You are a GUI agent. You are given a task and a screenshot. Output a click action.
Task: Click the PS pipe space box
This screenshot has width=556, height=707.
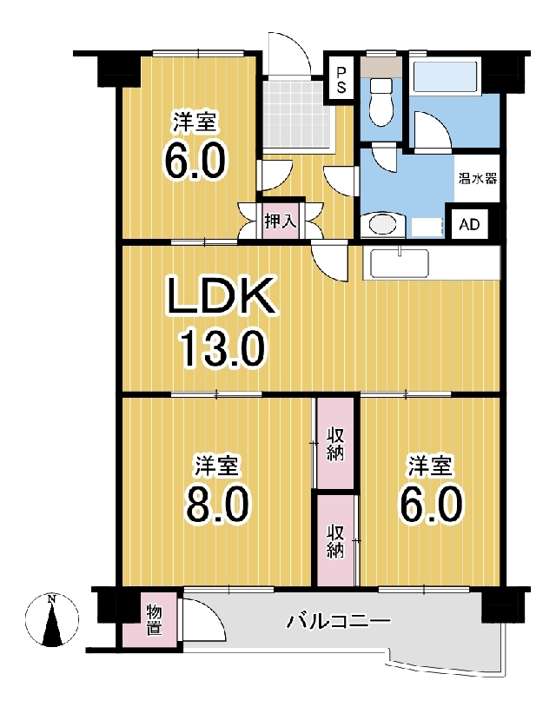pos(341,80)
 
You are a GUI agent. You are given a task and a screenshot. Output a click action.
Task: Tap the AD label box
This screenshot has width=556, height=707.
pos(470,224)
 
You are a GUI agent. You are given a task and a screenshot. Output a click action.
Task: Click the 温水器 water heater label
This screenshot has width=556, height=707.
pos(478,179)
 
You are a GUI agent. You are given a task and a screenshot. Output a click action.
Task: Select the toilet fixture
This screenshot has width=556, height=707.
pos(381,102)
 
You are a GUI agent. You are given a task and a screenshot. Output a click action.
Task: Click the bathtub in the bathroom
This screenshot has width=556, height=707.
pos(445,77)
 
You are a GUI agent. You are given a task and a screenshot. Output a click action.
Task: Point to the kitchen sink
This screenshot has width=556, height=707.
pos(399,264)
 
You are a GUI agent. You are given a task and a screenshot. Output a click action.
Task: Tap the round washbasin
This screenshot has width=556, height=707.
pos(382,225)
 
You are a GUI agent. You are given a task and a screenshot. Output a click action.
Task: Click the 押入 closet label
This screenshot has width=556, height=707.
pos(280,221)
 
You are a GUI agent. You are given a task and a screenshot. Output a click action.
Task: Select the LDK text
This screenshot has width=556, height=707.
pos(221,296)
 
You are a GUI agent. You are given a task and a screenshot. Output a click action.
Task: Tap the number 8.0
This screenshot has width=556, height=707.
pos(216,505)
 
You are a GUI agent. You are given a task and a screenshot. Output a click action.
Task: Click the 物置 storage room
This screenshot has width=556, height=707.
pos(153,620)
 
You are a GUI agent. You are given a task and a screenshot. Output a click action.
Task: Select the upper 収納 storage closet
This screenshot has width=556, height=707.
pos(334,443)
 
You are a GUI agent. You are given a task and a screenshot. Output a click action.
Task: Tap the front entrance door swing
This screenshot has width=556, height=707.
pos(288,53)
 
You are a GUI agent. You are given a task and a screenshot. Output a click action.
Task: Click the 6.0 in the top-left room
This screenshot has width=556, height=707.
pos(195,162)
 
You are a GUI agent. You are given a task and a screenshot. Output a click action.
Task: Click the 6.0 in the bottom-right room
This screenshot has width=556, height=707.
pos(431,504)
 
